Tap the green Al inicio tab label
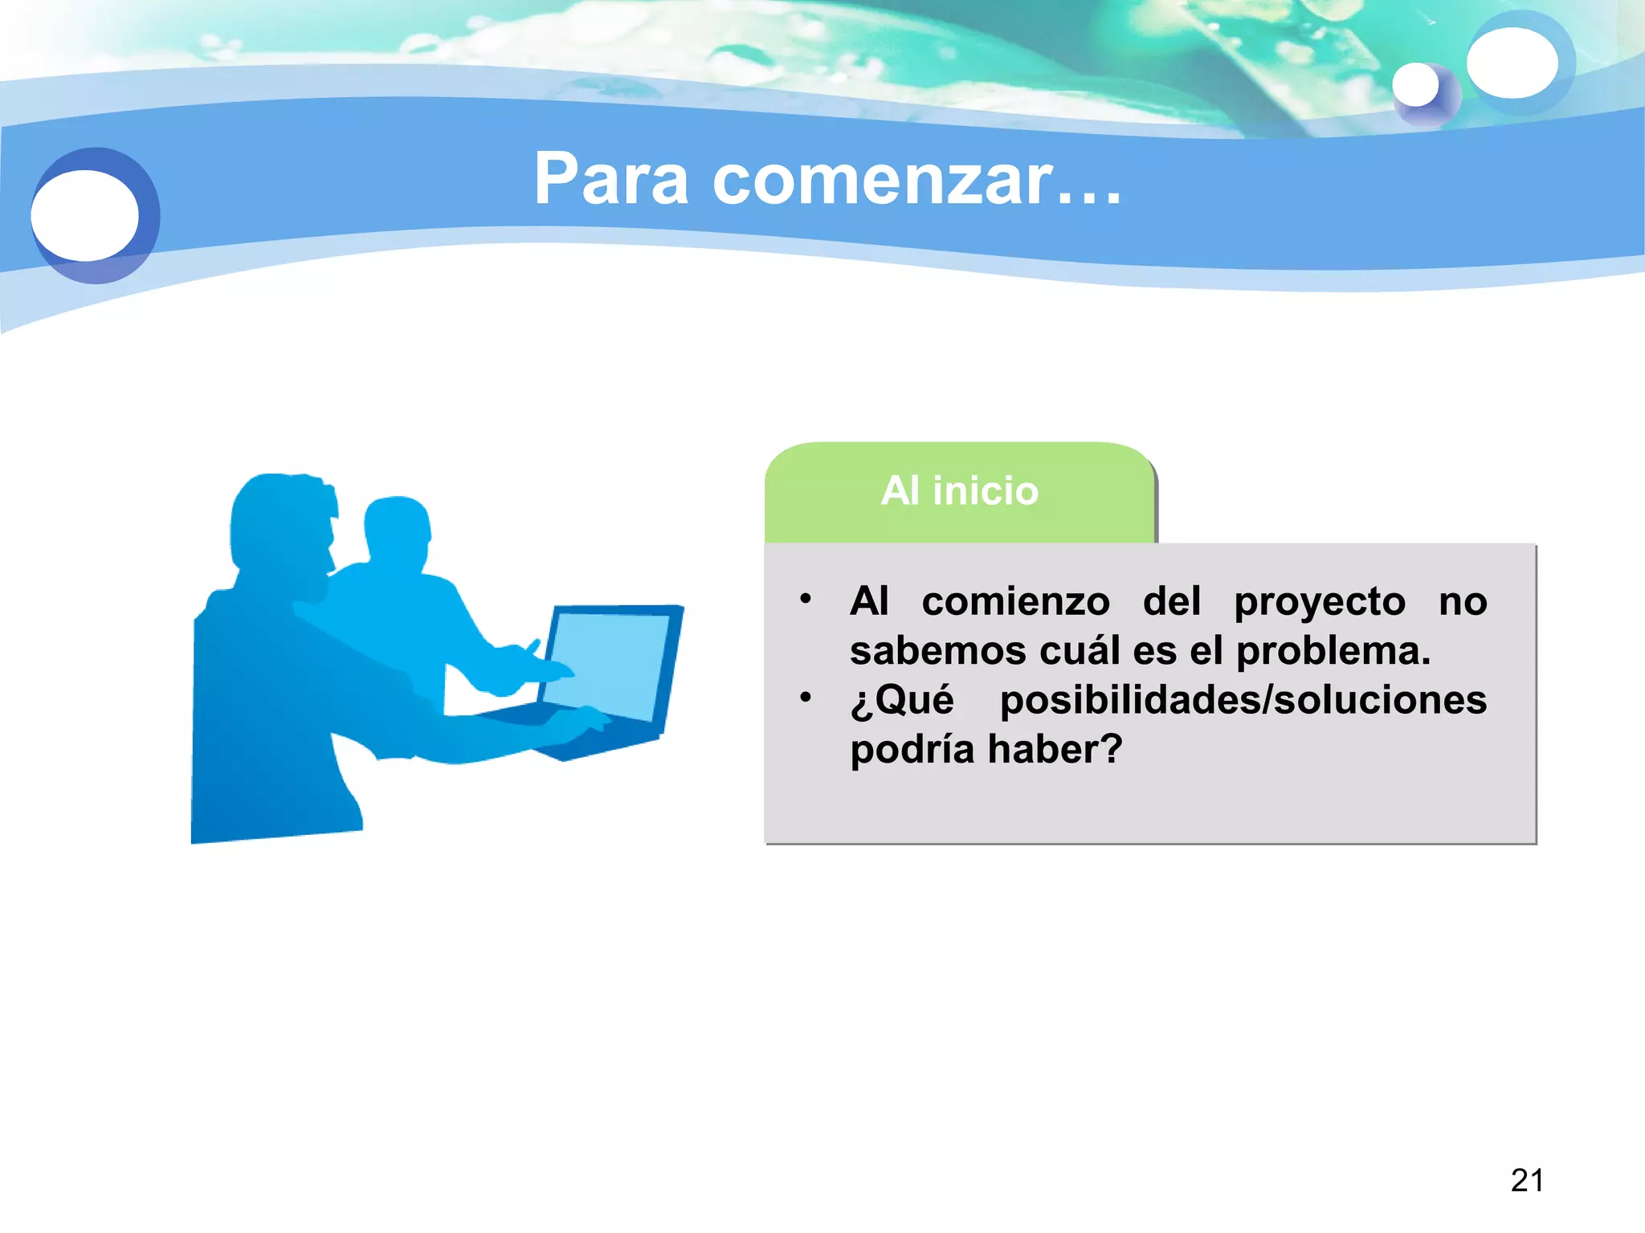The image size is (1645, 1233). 959,490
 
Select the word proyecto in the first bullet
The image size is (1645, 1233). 1320,602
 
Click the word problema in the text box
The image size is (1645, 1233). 1333,651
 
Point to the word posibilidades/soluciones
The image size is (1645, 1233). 1243,700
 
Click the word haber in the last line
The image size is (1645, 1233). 1054,750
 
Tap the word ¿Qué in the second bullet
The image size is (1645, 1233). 902,700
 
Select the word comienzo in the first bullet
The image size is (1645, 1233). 1015,602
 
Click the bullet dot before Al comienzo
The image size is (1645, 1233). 806,599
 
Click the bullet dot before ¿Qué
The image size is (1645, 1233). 806,697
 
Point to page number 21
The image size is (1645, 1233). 1526,1180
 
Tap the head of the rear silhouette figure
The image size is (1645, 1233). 397,530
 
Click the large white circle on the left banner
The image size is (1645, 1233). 85,215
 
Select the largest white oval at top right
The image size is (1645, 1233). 1512,63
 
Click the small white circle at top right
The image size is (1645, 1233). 1415,85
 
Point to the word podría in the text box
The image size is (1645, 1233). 912,750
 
